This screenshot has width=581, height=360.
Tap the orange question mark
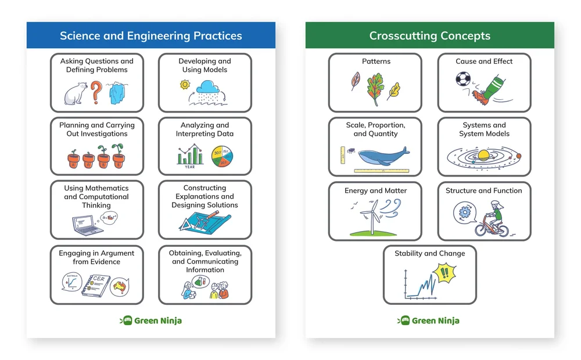click(97, 92)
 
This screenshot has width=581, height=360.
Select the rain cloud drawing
click(207, 89)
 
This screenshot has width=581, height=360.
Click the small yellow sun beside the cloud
click(185, 84)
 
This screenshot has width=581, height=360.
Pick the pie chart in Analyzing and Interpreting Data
click(223, 156)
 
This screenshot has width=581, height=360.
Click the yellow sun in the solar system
click(484, 155)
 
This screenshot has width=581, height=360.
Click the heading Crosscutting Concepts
click(430, 35)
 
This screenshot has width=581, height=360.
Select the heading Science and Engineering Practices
click(150, 35)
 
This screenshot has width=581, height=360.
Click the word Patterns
click(375, 61)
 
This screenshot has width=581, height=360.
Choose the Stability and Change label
click(429, 253)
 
